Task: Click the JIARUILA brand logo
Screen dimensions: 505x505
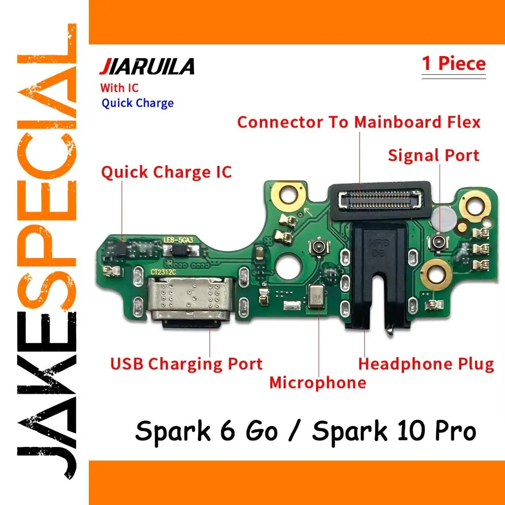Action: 147,66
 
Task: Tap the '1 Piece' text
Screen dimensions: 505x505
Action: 454,63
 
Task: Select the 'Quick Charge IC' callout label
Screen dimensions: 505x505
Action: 166,172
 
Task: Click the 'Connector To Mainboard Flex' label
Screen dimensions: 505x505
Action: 359,122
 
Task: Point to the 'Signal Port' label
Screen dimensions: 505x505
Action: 433,155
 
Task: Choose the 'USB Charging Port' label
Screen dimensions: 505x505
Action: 187,364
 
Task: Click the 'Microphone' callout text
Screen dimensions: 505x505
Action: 317,382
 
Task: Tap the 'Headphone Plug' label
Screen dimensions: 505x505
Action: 426,364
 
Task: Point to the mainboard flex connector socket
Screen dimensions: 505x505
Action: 380,199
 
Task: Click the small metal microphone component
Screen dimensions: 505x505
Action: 316,296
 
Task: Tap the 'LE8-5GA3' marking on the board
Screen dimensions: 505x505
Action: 179,240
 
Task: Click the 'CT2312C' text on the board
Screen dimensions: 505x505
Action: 163,272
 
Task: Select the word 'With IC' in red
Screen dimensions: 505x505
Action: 119,88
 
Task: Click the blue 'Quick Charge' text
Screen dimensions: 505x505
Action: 137,103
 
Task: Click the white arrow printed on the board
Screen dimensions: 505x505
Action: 308,212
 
